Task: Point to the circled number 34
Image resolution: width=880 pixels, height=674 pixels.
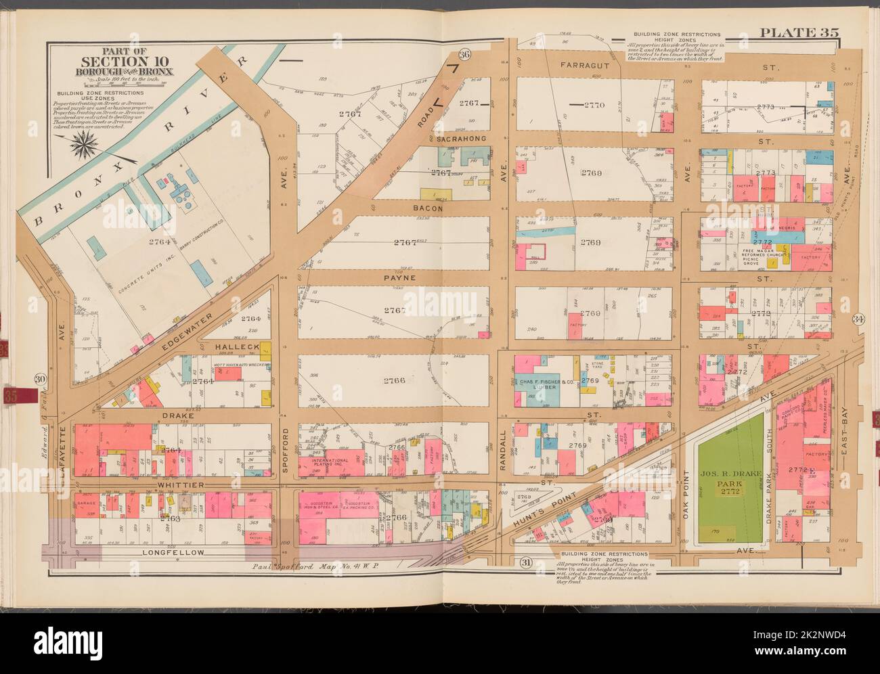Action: (x=859, y=319)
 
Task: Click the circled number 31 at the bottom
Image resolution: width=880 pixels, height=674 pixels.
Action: (x=525, y=562)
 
